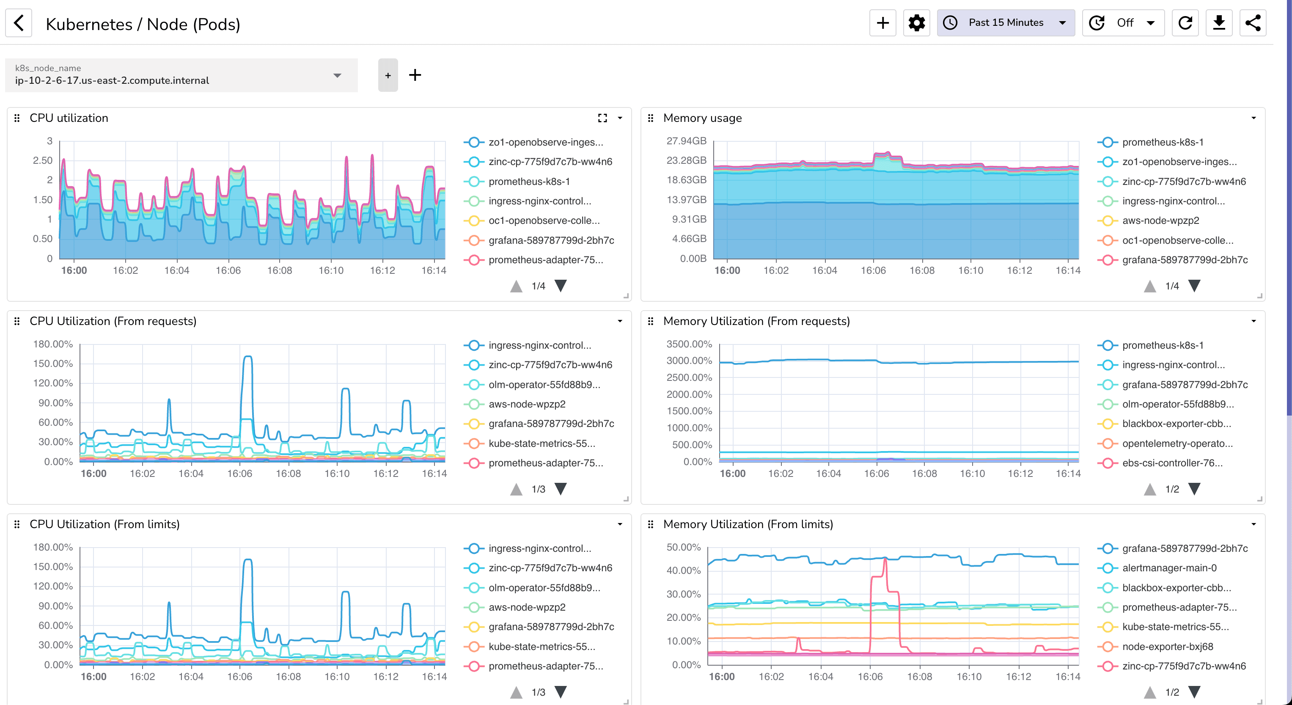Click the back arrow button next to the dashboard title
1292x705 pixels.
pyautogui.click(x=19, y=23)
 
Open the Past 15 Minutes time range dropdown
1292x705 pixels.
pyautogui.click(x=1005, y=22)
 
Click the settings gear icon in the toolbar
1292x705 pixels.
pyautogui.click(x=916, y=23)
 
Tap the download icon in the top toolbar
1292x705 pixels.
pyautogui.click(x=1219, y=23)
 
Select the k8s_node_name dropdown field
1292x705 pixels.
pyautogui.click(x=181, y=75)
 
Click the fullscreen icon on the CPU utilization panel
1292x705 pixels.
pyautogui.click(x=602, y=118)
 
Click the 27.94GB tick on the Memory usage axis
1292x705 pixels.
pyautogui.click(x=686, y=141)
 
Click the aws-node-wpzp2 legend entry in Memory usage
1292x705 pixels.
pyautogui.click(x=1160, y=221)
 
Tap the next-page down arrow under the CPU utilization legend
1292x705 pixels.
pyautogui.click(x=561, y=286)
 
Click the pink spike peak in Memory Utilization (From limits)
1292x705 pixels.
pyautogui.click(x=885, y=559)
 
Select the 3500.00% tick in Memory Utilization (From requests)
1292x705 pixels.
pyautogui.click(x=689, y=344)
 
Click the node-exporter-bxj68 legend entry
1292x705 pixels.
pyautogui.click(x=1167, y=647)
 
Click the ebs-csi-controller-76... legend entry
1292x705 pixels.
pyautogui.click(x=1172, y=463)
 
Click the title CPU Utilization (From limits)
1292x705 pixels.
pyautogui.click(x=104, y=524)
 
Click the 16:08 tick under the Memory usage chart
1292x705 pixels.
pyautogui.click(x=922, y=270)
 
